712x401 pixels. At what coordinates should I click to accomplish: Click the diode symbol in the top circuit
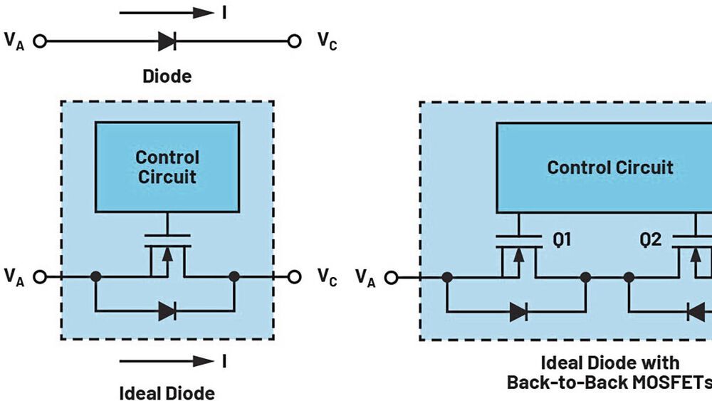(167, 41)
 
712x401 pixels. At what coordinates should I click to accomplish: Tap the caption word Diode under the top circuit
(167, 76)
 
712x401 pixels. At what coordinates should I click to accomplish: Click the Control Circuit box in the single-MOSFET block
(167, 167)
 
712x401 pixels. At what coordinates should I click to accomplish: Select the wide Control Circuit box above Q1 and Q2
(609, 167)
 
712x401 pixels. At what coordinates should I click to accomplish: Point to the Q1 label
(562, 241)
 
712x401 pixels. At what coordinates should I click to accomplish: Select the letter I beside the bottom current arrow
(224, 361)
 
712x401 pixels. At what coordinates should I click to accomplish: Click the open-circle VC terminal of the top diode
(294, 41)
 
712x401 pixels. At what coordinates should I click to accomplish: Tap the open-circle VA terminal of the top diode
(40, 41)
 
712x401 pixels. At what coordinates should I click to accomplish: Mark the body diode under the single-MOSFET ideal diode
(167, 311)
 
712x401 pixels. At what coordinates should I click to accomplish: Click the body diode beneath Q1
(518, 311)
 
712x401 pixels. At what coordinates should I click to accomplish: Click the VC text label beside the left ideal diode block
(327, 278)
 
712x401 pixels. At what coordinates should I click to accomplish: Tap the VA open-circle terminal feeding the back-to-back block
(391, 277)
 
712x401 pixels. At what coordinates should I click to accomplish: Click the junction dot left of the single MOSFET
(96, 276)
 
